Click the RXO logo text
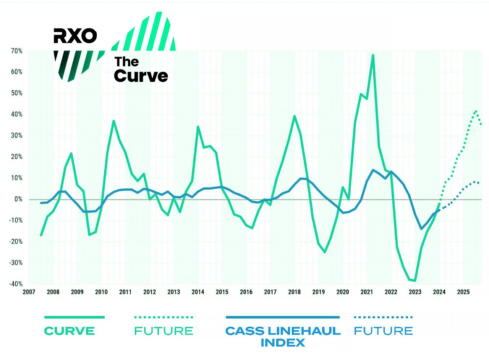pos(75,36)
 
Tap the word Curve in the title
pos(141,75)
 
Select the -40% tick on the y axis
pos(16,284)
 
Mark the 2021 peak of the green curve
pos(373,55)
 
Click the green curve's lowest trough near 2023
pos(415,281)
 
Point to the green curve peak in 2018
pos(295,116)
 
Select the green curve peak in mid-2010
pos(113,121)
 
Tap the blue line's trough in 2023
pos(421,229)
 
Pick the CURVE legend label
pos(70,331)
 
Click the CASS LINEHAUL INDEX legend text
pos(283,336)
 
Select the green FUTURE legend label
pos(164,331)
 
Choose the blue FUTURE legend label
pos(384,331)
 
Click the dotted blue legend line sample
pos(384,317)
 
